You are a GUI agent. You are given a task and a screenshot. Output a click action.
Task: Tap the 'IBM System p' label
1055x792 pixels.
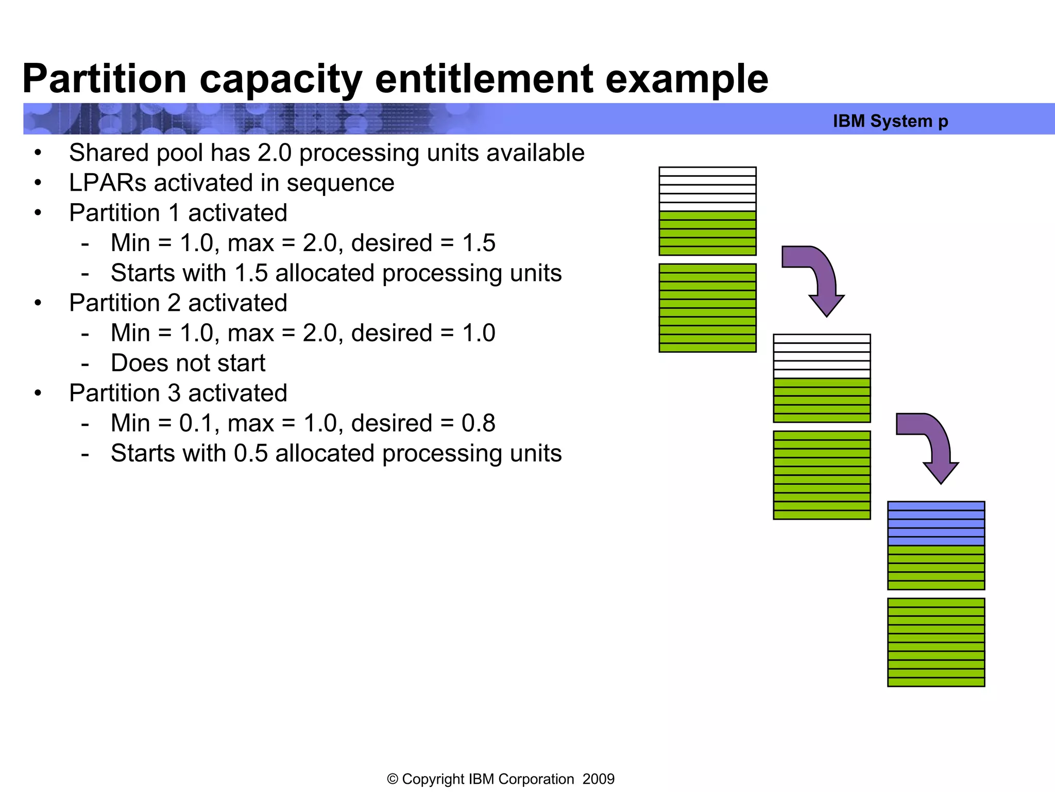point(890,121)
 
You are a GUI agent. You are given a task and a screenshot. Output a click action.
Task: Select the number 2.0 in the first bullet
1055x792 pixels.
point(274,153)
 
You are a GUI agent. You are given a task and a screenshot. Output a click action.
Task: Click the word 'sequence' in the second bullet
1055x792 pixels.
point(340,183)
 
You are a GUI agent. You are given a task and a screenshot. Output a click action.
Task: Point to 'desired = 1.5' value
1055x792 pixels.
point(423,243)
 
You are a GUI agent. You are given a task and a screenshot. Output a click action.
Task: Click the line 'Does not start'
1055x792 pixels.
point(188,363)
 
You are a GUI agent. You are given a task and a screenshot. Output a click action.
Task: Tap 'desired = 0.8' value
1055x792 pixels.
point(423,423)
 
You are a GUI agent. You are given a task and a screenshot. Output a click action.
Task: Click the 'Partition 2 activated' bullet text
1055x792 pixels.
point(178,303)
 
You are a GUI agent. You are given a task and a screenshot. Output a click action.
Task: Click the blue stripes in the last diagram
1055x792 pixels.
point(935,523)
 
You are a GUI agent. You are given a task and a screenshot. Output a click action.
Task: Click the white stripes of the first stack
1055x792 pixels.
point(707,189)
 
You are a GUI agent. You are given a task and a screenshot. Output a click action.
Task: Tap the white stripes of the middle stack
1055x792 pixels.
point(822,356)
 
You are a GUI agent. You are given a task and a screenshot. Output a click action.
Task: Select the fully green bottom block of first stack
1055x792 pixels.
point(707,308)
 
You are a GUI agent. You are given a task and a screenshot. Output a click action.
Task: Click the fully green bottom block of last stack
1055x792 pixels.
point(935,642)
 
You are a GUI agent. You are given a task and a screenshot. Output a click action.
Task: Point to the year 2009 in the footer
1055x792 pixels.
point(598,779)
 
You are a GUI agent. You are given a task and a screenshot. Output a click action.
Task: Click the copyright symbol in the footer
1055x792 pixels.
point(393,779)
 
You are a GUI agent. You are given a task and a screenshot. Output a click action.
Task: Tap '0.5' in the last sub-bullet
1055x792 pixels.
point(250,454)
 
